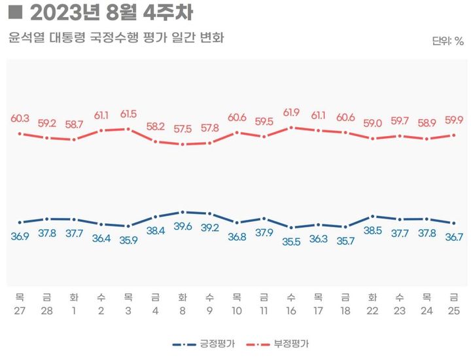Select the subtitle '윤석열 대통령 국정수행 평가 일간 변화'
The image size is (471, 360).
[116, 38]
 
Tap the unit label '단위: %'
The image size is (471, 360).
[447, 41]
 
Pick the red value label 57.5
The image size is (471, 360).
[183, 129]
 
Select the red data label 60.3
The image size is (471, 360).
[20, 118]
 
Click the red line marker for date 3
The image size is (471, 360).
[128, 129]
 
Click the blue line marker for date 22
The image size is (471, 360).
[372, 216]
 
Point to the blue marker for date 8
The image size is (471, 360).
[183, 212]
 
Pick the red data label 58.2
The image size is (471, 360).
[156, 126]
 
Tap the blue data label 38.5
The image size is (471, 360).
[372, 230]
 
